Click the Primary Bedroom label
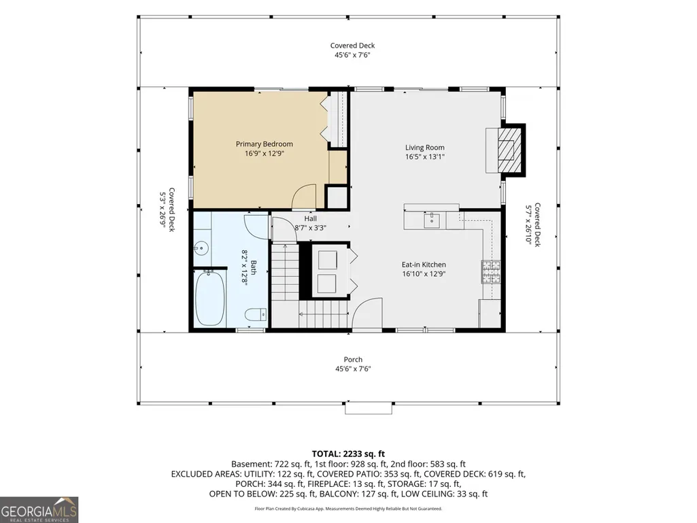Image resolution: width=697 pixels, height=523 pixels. click(264, 144)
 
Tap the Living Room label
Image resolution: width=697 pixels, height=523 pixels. click(424, 148)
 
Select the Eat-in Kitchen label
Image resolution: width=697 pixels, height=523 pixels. click(424, 265)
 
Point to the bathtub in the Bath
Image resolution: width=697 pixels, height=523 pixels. click(210, 298)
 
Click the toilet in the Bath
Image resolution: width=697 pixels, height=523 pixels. click(256, 314)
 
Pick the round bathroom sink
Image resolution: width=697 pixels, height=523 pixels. click(202, 248)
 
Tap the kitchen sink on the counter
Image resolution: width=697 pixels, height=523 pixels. click(432, 220)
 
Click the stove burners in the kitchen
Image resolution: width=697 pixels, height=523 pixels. click(491, 272)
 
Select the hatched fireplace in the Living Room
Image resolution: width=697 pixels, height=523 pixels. click(509, 150)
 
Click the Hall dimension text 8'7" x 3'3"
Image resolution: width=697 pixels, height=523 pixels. click(310, 228)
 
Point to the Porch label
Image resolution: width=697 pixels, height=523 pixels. click(353, 359)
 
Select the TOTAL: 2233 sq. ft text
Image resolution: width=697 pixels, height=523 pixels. click(348, 454)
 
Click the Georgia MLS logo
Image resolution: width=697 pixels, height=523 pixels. click(39, 509)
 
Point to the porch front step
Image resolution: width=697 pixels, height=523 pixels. click(369, 408)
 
